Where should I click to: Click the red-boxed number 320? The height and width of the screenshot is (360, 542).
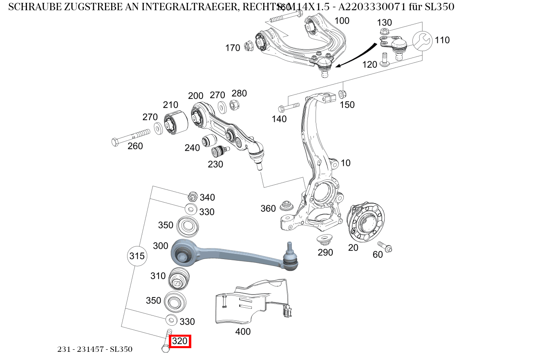(180, 341)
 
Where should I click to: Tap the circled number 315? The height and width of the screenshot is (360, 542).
(137, 256)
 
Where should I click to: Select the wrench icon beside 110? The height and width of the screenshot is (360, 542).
(422, 40)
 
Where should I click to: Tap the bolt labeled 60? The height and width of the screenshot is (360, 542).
(385, 246)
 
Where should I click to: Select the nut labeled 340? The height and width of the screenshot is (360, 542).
(193, 197)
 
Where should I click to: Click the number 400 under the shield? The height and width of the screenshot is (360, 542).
(243, 332)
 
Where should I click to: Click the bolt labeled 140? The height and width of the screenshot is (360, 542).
(289, 108)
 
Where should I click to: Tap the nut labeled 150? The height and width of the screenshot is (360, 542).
(343, 95)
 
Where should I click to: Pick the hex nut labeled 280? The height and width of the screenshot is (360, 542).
(235, 105)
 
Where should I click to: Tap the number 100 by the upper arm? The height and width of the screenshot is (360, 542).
(342, 21)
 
